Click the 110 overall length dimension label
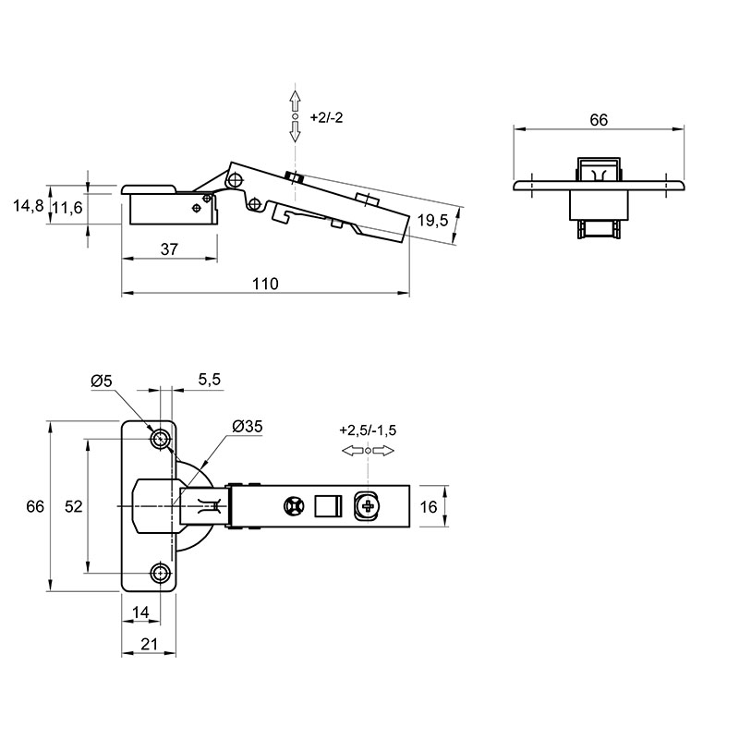[x=265, y=284]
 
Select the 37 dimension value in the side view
[x=169, y=248]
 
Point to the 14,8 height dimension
[x=29, y=206]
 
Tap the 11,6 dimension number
[x=67, y=208]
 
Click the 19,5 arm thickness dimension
[x=432, y=220]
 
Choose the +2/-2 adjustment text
[x=327, y=117]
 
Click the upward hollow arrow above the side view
[x=295, y=102]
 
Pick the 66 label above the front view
[x=599, y=120]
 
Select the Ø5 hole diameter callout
[x=102, y=381]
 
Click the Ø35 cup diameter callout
[x=248, y=427]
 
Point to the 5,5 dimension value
[x=210, y=380]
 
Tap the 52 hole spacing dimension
[x=74, y=506]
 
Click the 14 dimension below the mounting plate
[x=140, y=612]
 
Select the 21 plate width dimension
[x=149, y=644]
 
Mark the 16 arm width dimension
[x=429, y=506]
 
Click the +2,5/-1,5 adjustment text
[x=368, y=430]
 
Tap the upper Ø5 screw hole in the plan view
[x=160, y=440]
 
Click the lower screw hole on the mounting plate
[x=160, y=573]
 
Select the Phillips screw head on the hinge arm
[x=367, y=506]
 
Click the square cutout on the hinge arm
[x=328, y=506]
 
